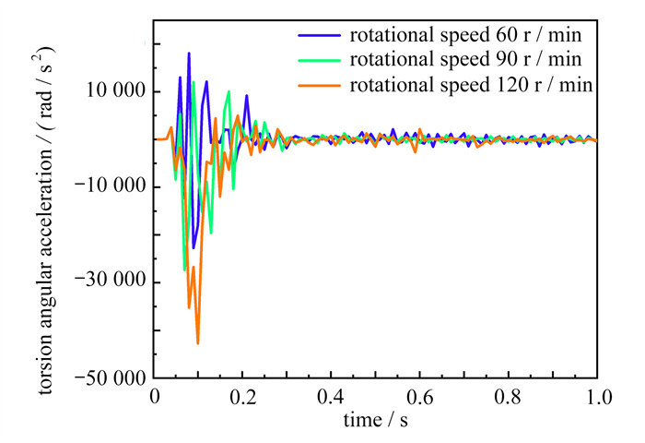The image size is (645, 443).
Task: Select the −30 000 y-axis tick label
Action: pyautogui.click(x=108, y=282)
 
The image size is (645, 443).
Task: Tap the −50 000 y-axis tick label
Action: pyautogui.click(x=108, y=377)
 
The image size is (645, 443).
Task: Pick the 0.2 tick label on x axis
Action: pyautogui.click(x=242, y=397)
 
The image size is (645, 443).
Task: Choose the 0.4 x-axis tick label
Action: pyautogui.click(x=331, y=397)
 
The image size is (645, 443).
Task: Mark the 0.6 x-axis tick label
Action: pyautogui.click(x=419, y=397)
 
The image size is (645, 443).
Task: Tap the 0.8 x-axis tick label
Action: pyautogui.click(x=508, y=397)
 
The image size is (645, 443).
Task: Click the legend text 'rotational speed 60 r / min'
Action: pyautogui.click(x=469, y=38)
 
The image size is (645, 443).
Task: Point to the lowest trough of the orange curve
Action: pyautogui.click(x=197, y=343)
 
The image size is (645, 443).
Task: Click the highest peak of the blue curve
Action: pyautogui.click(x=189, y=53)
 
